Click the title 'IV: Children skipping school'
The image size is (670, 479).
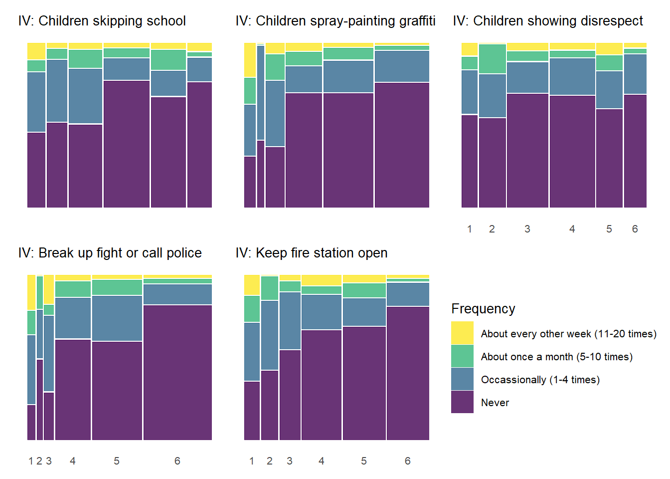[x=102, y=21]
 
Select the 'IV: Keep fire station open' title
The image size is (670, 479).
[x=311, y=253]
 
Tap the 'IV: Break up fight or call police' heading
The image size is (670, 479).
[x=110, y=253]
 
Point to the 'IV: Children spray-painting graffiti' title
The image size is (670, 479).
[x=335, y=21]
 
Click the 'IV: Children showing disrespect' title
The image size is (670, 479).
[x=548, y=21]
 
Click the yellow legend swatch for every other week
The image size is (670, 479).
[x=462, y=333]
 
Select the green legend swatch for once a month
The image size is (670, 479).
[x=462, y=356]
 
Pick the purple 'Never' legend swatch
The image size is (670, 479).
[x=462, y=402]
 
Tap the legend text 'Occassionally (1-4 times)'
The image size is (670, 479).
[x=540, y=380]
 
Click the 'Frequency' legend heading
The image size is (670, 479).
[x=483, y=309]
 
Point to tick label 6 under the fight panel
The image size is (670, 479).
[x=177, y=461]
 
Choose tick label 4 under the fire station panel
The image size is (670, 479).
[x=321, y=461]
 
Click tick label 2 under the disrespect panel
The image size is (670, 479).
[x=492, y=229]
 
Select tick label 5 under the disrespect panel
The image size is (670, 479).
[x=609, y=229]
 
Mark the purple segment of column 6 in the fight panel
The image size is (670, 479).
[x=177, y=372]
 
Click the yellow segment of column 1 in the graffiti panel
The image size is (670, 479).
[x=250, y=60]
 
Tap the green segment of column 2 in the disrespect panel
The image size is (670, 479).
[x=493, y=59]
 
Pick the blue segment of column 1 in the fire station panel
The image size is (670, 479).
[x=252, y=352]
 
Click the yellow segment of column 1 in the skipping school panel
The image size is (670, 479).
[x=36, y=51]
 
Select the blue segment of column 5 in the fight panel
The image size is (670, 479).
[x=117, y=318]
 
